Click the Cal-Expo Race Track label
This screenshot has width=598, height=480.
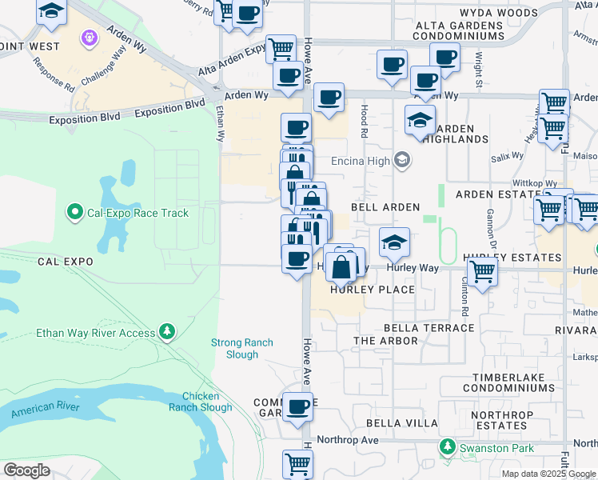[138, 213]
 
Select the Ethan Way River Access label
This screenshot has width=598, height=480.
[96, 332]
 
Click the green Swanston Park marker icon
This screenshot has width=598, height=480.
[449, 448]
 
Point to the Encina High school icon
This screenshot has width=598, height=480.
[402, 161]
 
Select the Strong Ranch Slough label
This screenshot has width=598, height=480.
[242, 349]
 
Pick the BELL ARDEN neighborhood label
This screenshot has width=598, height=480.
[391, 207]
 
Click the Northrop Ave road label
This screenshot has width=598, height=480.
[347, 440]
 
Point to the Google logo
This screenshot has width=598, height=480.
[26, 470]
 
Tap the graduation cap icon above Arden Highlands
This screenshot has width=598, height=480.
[419, 119]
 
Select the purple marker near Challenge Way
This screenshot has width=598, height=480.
[89, 37]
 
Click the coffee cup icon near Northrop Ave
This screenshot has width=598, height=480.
[298, 406]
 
